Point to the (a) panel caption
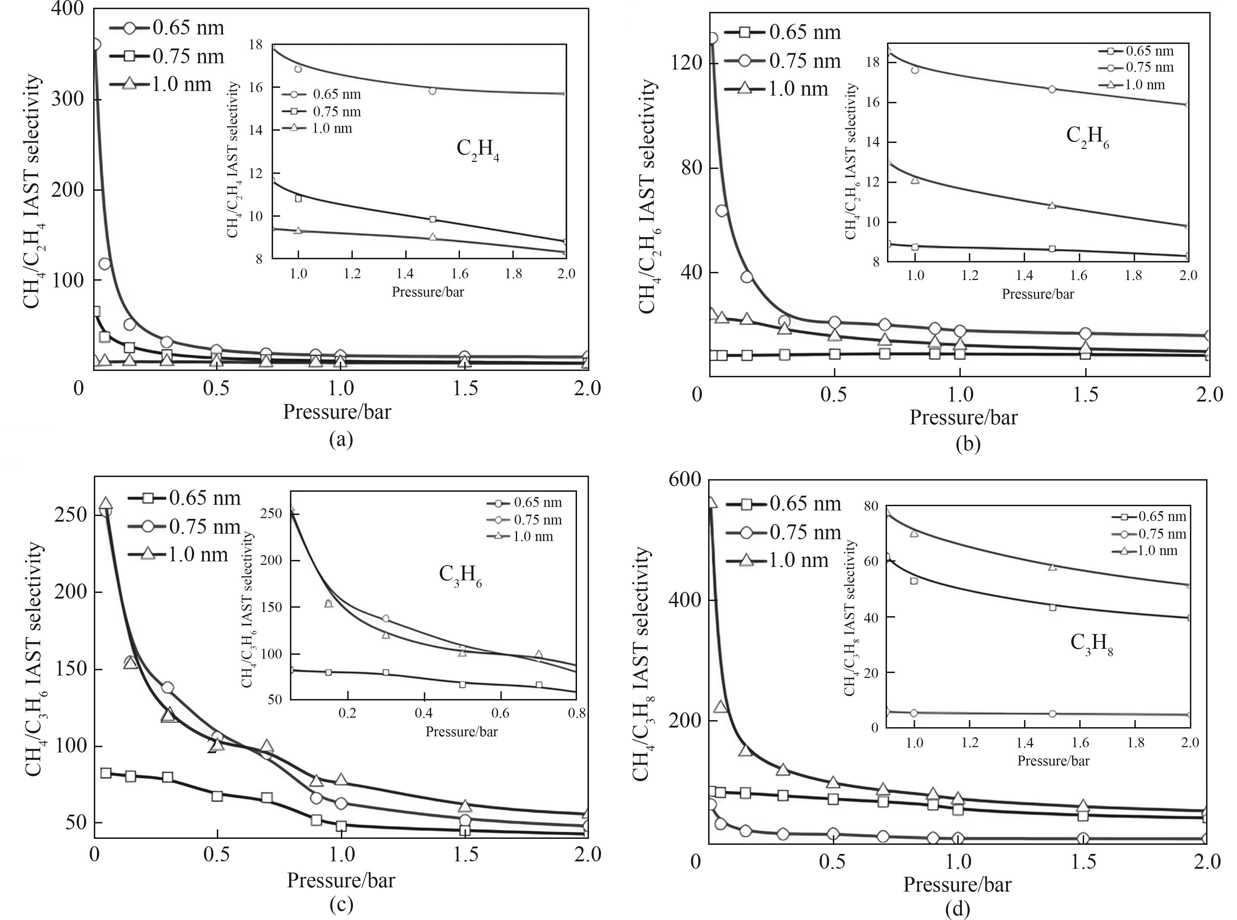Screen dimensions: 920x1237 [x=341, y=439]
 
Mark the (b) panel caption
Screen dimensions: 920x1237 [x=967, y=444]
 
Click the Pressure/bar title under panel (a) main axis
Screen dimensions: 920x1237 [x=337, y=412]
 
